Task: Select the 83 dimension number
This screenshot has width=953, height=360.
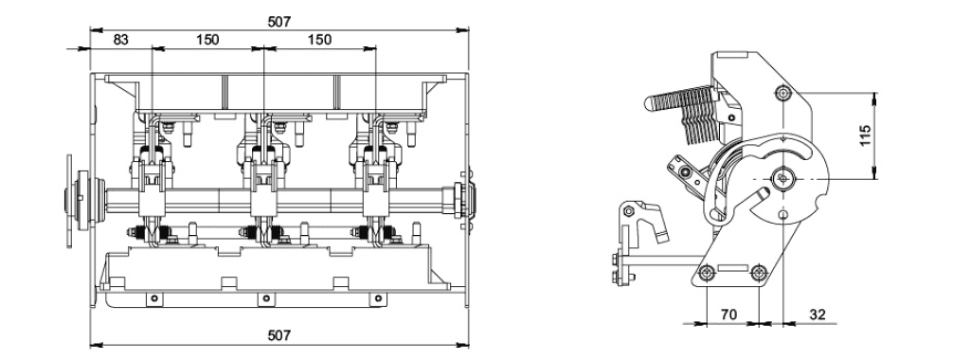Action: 121,40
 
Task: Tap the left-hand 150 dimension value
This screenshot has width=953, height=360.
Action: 207,40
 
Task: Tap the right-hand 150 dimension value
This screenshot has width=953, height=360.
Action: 319,40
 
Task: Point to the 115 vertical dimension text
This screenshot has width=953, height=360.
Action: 895,135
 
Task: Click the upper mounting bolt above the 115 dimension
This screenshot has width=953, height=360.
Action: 782,93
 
